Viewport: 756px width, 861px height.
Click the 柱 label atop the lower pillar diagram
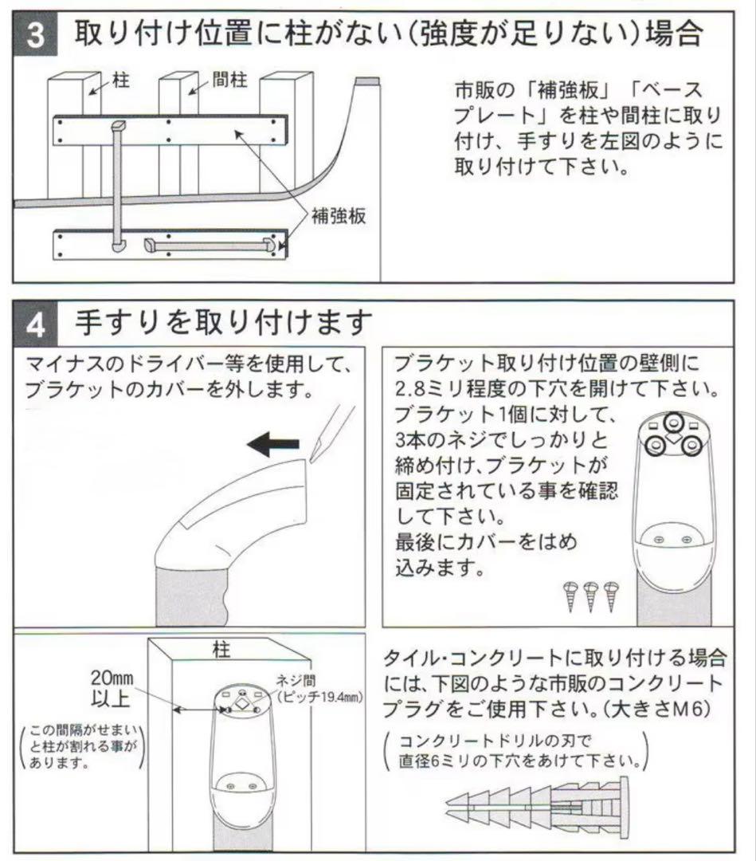[222, 651]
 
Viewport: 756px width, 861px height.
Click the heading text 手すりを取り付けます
[224, 324]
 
